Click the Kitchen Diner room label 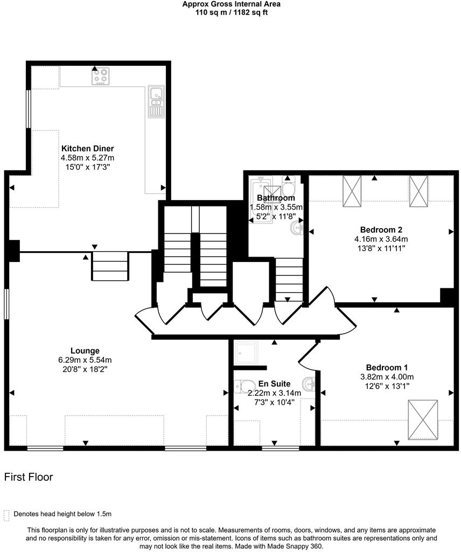pos(87,148)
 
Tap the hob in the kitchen pos(101,77)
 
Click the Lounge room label pos(85,350)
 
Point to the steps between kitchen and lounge pos(110,266)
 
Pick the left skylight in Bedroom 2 pos(353,191)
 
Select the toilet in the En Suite pos(245,386)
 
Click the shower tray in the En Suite pos(247,353)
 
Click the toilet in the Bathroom pos(288,189)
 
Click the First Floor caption pos(29,477)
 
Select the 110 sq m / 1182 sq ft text pos(231,12)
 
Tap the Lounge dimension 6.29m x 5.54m pos(85,360)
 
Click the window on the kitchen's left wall pos(29,109)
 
